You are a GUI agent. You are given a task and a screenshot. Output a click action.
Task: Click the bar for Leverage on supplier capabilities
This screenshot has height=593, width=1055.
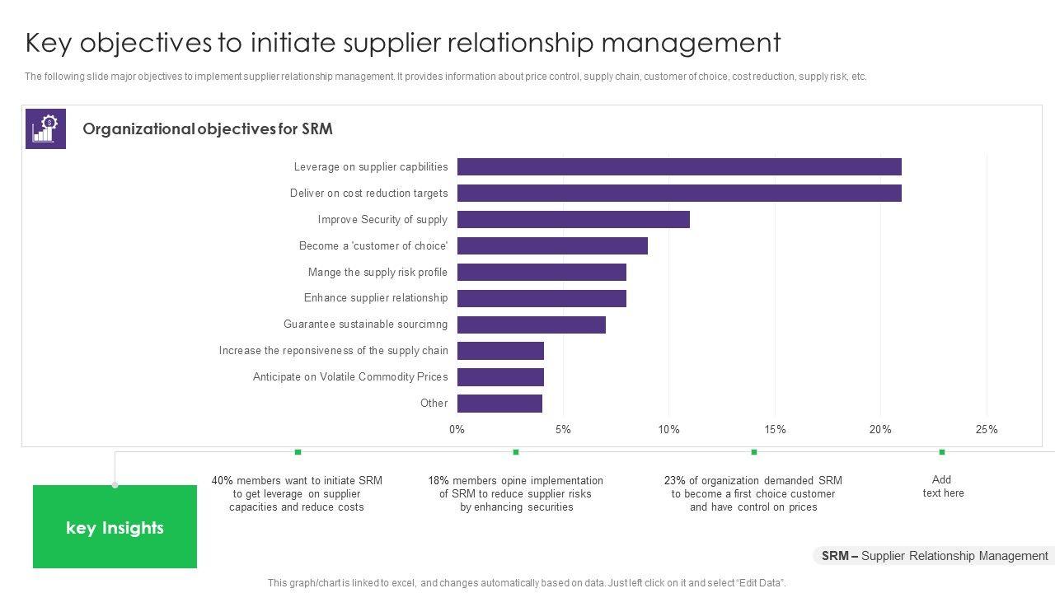679,167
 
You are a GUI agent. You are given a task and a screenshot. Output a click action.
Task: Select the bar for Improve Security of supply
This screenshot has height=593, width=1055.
573,220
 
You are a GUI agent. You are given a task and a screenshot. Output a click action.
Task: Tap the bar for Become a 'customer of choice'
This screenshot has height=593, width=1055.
552,246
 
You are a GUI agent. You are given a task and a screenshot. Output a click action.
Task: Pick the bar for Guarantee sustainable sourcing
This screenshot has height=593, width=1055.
531,325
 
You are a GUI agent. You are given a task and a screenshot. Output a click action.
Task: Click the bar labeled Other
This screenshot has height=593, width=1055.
499,404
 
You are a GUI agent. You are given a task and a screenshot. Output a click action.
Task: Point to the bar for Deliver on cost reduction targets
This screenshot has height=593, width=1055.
679,194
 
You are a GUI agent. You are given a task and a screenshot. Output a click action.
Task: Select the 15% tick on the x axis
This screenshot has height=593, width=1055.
775,429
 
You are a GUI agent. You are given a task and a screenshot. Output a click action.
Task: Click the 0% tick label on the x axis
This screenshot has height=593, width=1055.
457,429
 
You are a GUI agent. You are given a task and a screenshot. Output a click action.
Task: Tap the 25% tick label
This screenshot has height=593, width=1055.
987,429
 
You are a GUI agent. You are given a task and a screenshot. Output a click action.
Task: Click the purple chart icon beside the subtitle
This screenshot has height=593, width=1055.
45,128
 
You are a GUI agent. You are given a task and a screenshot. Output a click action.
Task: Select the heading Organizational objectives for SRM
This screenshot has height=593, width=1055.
208,129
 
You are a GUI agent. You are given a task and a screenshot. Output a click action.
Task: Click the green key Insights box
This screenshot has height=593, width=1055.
115,527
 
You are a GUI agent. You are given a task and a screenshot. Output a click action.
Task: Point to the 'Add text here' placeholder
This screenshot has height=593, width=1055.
943,486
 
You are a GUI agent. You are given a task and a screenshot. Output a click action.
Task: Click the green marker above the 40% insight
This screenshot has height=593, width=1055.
298,451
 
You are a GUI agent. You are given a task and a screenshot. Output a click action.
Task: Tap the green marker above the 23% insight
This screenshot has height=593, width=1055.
753,451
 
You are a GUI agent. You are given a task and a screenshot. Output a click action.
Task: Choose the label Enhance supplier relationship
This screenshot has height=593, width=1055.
376,298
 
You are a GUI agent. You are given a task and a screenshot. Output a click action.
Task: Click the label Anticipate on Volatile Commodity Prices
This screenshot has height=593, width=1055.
350,377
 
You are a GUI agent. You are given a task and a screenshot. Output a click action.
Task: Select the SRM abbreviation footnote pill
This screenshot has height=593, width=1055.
934,556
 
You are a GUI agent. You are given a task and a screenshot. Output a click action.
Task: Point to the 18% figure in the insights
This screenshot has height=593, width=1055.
438,481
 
